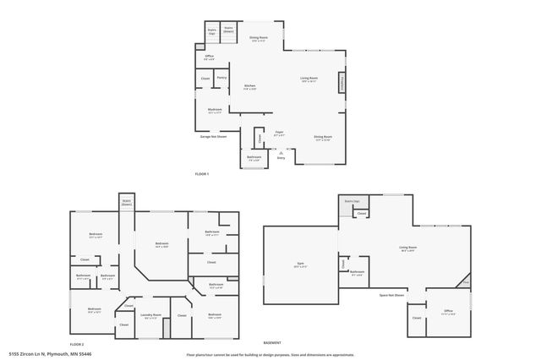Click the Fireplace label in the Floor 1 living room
[342, 83]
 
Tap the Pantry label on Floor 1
[221, 78]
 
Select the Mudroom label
[216, 109]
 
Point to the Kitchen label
[250, 86]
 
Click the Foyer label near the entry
[278, 133]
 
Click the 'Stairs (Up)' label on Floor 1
[212, 30]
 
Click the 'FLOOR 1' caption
[201, 174]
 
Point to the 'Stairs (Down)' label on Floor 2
[126, 203]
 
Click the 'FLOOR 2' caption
[77, 345]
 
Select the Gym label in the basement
[300, 265]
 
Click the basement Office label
[449, 311]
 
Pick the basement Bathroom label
[357, 272]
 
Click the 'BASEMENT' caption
[271, 343]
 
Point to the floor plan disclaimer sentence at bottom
[270, 354]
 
